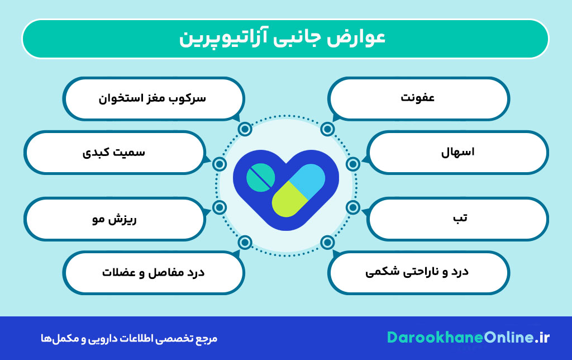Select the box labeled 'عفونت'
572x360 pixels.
(x=418, y=98)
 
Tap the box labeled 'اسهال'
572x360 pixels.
(x=458, y=152)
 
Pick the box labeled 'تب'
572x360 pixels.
(x=458, y=218)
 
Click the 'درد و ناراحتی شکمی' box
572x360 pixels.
(x=418, y=272)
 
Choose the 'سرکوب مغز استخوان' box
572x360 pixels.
(x=153, y=98)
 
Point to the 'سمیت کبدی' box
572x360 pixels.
(x=114, y=152)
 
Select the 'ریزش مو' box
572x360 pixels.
(x=114, y=218)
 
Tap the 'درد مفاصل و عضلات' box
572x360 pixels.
(x=153, y=272)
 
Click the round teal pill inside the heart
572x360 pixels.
(x=261, y=178)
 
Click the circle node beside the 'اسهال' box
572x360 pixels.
(x=352, y=164)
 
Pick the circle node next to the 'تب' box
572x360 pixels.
(x=352, y=207)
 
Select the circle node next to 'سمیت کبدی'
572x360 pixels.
(x=220, y=164)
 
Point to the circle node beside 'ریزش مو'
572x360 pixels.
(x=220, y=207)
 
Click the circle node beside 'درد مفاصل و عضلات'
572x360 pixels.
(x=244, y=242)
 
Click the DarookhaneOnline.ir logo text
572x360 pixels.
(x=468, y=338)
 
